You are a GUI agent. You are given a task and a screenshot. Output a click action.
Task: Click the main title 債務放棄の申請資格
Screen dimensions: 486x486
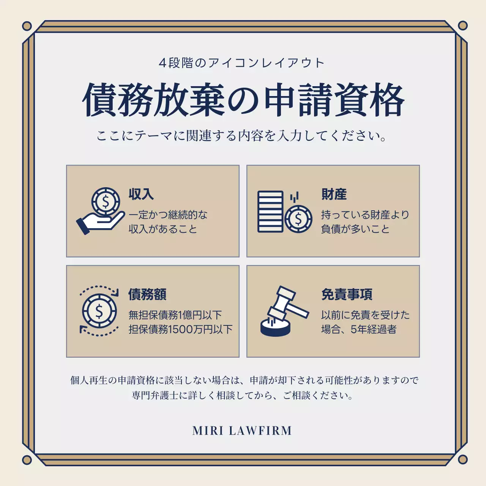coord(243,100)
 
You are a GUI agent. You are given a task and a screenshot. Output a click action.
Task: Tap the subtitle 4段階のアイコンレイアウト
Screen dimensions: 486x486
coord(241,63)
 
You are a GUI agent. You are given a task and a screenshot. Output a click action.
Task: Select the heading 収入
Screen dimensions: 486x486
coord(141,194)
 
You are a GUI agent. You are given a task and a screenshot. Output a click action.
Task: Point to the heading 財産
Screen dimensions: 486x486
coord(334,194)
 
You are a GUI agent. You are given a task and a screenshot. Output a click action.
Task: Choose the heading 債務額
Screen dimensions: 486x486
coord(147,294)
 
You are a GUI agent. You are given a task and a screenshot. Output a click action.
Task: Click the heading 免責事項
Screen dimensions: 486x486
coord(347,294)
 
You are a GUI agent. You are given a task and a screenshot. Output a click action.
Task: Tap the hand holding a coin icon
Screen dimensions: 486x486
coord(101,211)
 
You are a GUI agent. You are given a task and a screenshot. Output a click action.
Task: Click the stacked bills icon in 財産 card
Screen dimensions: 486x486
coord(270,211)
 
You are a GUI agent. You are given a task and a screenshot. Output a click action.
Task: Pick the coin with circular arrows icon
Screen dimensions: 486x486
coord(99,311)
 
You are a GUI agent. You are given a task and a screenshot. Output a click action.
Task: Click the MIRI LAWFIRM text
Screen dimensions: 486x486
coord(242,431)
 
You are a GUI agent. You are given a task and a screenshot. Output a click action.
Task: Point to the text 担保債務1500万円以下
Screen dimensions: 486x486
coord(180,329)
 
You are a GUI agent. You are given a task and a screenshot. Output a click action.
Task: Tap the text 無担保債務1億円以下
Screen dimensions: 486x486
coord(175,315)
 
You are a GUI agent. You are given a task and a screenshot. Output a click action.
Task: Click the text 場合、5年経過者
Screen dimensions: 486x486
coord(358,329)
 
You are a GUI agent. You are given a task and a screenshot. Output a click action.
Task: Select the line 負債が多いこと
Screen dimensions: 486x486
coord(355,229)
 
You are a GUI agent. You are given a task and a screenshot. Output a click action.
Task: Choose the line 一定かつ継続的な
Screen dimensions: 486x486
coord(168,215)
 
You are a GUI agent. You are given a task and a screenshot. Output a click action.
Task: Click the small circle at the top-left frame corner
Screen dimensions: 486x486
coord(27,26)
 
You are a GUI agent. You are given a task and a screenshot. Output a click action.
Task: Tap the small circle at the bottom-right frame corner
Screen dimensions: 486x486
coord(462,460)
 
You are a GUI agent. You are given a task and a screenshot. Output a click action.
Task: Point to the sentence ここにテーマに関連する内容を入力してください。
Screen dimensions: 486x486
coord(241,136)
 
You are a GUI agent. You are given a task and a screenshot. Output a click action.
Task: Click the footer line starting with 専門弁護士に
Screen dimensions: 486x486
coord(243,396)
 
